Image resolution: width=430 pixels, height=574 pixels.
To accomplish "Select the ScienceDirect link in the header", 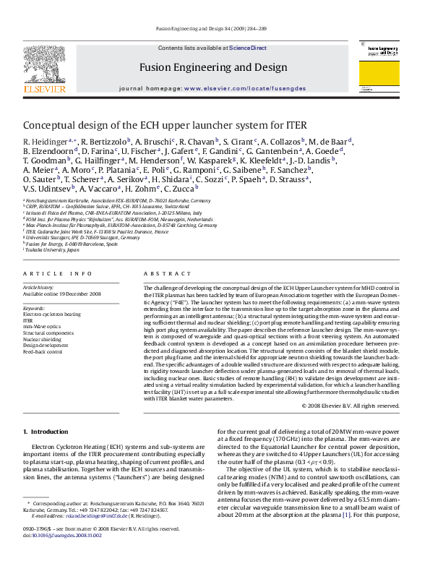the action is click(248, 48).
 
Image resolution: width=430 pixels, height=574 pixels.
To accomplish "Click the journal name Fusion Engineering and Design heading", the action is click(210, 67).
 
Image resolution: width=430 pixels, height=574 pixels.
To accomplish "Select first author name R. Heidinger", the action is click(45, 141).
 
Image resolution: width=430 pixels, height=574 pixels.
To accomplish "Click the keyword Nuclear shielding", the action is click(43, 338).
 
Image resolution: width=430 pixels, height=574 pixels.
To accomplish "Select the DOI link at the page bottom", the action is click(61, 555).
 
